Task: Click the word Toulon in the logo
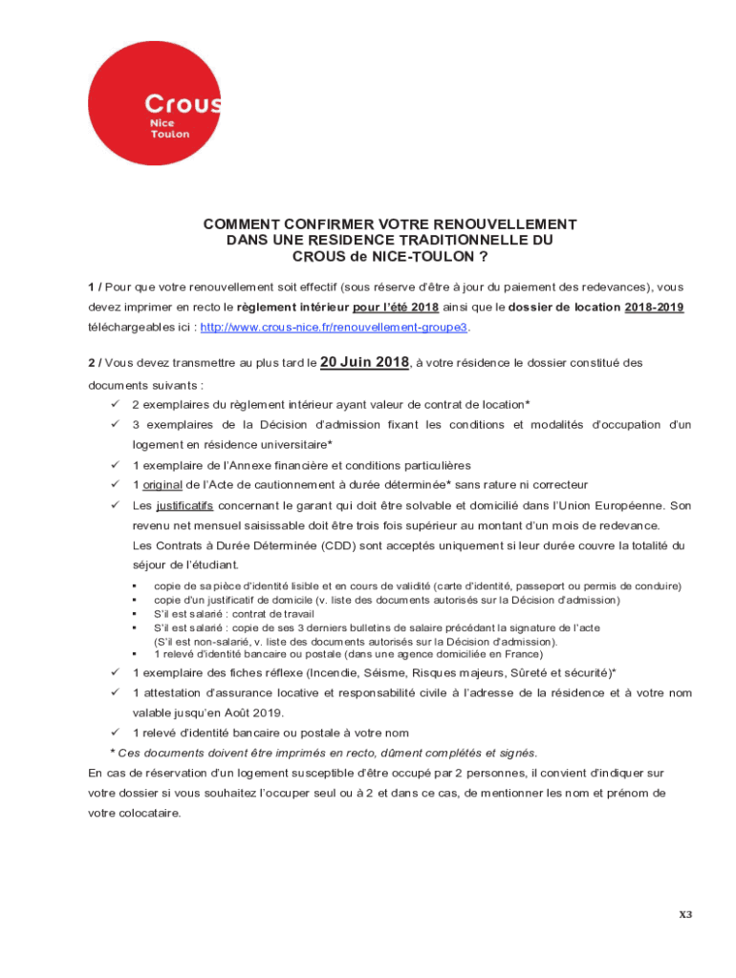[170, 135]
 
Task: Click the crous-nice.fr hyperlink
[334, 327]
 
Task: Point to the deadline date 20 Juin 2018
[364, 362]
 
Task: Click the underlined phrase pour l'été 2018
[395, 307]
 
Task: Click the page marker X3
[685, 914]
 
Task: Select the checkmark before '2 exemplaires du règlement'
[115, 405]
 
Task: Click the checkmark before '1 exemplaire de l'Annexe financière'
[115, 465]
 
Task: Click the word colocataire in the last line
[146, 814]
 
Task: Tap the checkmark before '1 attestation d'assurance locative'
[115, 692]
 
